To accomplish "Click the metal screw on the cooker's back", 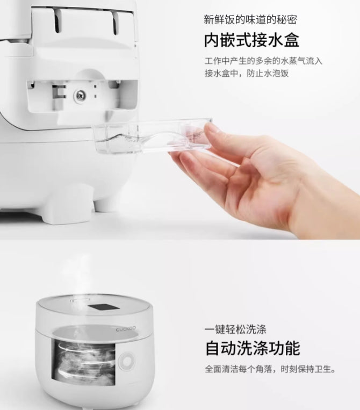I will coord(79,95).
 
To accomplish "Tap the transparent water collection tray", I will coord(150,137).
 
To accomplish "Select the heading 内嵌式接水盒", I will coord(251,40).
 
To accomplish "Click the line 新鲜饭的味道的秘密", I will coord(251,20).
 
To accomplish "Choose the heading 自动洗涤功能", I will coord(251,348).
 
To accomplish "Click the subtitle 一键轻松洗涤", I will coord(236,328).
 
